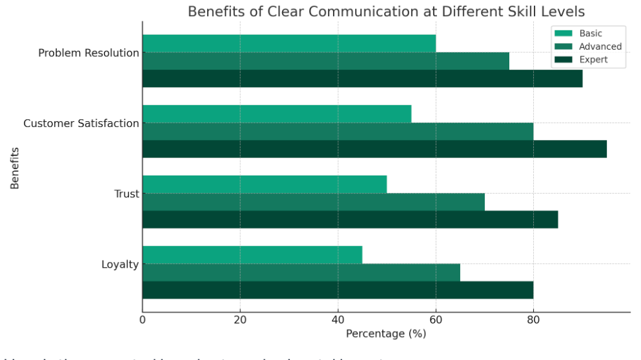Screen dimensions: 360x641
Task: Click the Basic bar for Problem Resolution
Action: (x=289, y=43)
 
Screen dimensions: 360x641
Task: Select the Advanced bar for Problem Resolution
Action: (x=325, y=61)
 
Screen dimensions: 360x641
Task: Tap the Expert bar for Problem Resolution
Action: (x=362, y=79)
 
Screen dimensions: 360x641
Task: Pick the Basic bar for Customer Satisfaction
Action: (x=276, y=114)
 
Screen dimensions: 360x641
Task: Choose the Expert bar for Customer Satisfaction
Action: (x=374, y=149)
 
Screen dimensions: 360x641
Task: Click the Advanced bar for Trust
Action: (x=313, y=202)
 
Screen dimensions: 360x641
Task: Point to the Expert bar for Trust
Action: (x=350, y=219)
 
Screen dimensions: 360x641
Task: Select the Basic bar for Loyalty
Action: (x=252, y=255)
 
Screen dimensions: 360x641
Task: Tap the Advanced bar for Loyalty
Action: (x=301, y=272)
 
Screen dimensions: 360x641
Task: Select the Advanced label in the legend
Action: (x=600, y=46)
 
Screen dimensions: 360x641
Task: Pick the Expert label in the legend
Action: (x=593, y=60)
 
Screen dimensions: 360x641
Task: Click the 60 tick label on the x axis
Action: (x=436, y=319)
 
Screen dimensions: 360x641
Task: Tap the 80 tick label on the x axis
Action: (x=533, y=319)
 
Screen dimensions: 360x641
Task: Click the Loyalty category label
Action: (x=120, y=264)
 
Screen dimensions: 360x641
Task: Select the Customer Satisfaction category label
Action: (x=81, y=123)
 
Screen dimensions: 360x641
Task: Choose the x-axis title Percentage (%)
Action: (x=386, y=334)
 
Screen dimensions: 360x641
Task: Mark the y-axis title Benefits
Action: (x=15, y=168)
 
